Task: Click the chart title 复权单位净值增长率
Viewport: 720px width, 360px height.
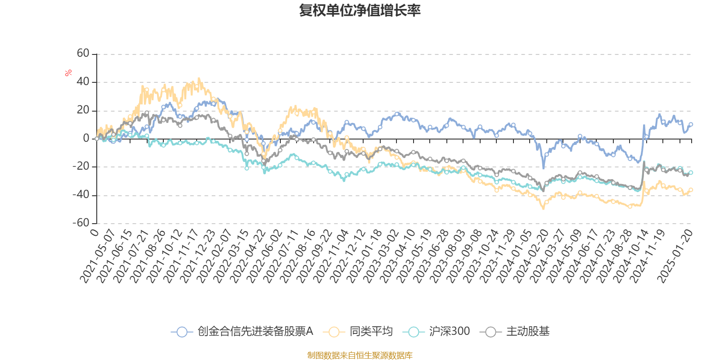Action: (x=360, y=10)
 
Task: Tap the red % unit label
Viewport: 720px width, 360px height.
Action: (x=68, y=73)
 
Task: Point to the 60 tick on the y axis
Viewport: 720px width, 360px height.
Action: (x=83, y=54)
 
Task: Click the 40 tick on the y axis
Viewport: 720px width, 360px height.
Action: (x=83, y=82)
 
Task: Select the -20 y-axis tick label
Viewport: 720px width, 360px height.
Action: (x=81, y=166)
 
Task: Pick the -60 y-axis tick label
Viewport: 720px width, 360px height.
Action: (x=81, y=223)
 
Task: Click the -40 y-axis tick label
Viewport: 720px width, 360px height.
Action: (x=81, y=195)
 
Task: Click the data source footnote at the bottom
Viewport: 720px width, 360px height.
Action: (x=360, y=355)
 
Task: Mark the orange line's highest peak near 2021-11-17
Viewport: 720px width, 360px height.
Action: (x=199, y=79)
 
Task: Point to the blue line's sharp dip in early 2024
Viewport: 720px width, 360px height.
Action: (x=544, y=168)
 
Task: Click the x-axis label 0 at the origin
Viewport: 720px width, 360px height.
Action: (x=94, y=232)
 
